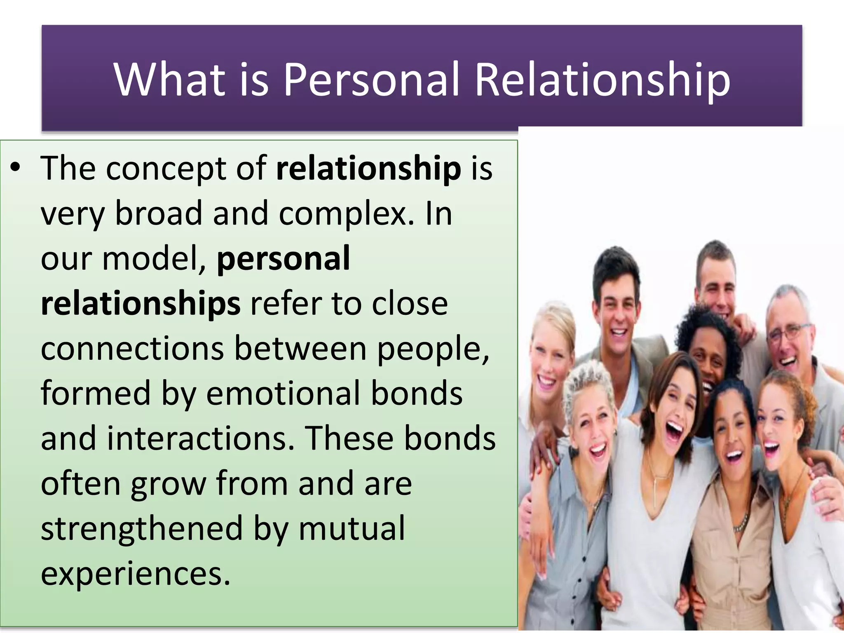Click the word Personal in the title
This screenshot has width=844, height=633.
pos(371,79)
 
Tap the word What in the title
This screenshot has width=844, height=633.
pos(169,79)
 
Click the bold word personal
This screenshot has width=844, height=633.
pos(283,258)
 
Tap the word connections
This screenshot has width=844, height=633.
pos(132,349)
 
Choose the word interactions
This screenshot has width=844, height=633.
pos(201,438)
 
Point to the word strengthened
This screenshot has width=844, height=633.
pos(142,529)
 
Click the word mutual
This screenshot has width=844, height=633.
pos(352,529)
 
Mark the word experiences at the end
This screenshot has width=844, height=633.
pos(135,574)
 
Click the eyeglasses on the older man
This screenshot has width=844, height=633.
pos(788,332)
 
